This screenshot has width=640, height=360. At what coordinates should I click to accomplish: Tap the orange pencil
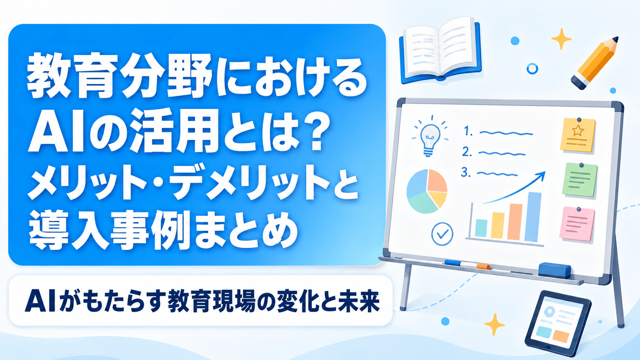pos(595,63)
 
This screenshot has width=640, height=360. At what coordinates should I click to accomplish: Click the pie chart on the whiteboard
pos(427,191)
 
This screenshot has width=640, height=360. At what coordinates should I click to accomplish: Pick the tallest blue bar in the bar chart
pos(533,217)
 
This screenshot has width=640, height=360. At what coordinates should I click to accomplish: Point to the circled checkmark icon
pos(442,234)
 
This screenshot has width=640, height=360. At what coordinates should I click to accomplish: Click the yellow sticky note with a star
pos(578,134)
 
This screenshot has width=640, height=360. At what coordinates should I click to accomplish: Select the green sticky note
pos(580,180)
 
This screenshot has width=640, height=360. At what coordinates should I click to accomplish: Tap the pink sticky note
pos(577,225)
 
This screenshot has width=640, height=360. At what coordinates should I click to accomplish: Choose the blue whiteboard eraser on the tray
pos(555,270)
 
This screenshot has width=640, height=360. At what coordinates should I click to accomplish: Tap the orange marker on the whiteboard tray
pos(483,267)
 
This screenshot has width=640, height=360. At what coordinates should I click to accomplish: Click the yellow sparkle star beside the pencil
pos(561,39)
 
